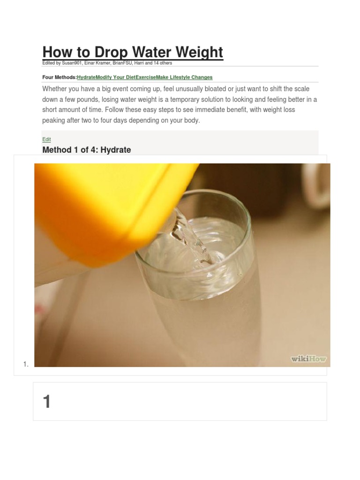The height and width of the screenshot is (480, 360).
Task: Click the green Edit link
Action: pyautogui.click(x=46, y=139)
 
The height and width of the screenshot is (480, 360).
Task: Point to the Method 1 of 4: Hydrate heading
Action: pyautogui.click(x=87, y=150)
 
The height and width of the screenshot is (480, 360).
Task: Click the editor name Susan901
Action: pyautogui.click(x=73, y=63)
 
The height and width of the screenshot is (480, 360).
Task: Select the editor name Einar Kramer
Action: pyautogui.click(x=99, y=63)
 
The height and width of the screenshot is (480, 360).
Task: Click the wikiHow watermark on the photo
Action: pyautogui.click(x=308, y=359)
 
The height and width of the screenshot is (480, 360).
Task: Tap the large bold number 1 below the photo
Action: pyautogui.click(x=46, y=402)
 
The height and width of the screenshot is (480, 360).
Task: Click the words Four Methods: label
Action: pyautogui.click(x=59, y=77)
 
